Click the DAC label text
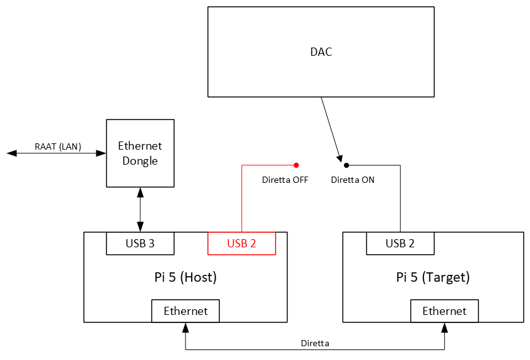[x=321, y=52]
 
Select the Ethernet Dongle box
[x=140, y=153]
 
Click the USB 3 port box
[x=140, y=244]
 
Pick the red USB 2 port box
[x=241, y=244]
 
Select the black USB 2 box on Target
[x=400, y=244]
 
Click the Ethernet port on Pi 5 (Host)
[x=185, y=311]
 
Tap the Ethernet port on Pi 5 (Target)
[x=444, y=311]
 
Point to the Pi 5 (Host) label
[x=185, y=277]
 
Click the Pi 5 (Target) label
[x=433, y=277]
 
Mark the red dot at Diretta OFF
[x=296, y=165]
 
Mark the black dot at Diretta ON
[x=346, y=165]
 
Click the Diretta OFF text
[x=285, y=180]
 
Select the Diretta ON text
[x=353, y=180]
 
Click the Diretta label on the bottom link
[x=315, y=343]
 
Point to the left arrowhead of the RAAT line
[x=11, y=153]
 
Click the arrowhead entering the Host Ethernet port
[x=185, y=327]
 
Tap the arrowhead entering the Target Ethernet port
[x=444, y=327]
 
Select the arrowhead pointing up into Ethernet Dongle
[x=140, y=192]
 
